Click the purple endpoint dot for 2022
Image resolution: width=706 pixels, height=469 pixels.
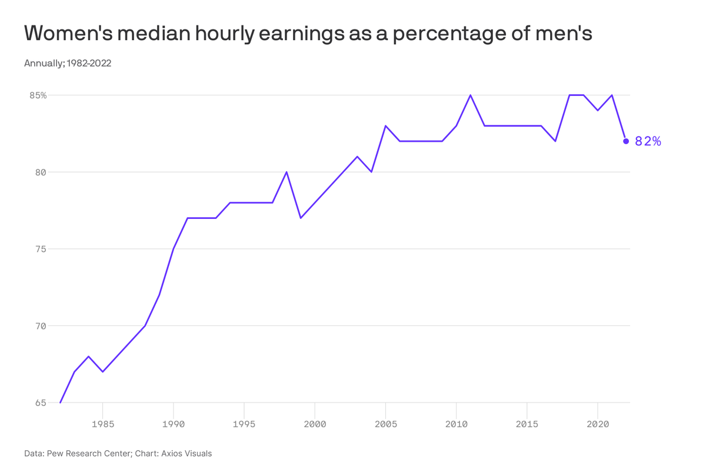pos(626,141)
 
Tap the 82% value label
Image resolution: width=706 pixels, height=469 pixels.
pos(648,141)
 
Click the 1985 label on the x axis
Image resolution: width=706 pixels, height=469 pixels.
pos(103,423)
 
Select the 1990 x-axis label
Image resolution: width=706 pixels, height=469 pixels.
pos(174,423)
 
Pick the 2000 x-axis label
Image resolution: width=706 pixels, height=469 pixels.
pos(315,423)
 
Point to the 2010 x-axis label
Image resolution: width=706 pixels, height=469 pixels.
pos(456,423)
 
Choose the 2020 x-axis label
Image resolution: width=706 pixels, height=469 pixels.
pos(598,423)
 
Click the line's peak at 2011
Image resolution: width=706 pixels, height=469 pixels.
pos(471,95)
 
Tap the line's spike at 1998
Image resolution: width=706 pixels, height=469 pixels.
pos(287,172)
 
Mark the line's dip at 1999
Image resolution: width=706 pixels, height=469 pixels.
pos(301,218)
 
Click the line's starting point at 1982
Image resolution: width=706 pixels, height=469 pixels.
pos(61,403)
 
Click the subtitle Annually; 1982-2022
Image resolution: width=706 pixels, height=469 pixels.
pos(68,64)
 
